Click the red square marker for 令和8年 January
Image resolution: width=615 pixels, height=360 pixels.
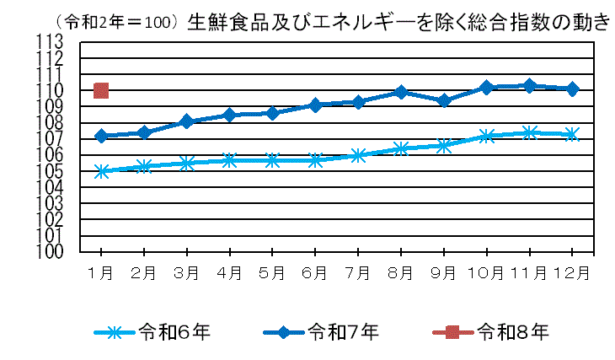point(101,90)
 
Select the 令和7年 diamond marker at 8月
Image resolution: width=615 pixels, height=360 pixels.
point(401,92)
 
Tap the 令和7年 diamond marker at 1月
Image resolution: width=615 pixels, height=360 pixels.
point(101,136)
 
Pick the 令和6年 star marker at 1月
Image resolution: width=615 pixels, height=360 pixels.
point(101,171)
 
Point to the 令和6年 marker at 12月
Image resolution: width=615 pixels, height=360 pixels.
point(572,134)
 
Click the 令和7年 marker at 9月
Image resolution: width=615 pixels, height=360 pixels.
point(444,100)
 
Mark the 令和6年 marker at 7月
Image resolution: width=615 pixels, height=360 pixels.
point(358,155)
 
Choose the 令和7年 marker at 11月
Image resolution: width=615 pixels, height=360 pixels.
point(530,85)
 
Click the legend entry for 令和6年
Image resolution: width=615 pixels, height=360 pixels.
point(152,331)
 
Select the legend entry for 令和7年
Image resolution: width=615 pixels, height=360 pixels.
point(320,331)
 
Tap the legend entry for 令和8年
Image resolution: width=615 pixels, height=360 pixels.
point(489,331)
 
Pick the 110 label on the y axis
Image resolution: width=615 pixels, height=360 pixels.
point(51,90)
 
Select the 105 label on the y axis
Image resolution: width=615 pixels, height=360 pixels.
point(51,171)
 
